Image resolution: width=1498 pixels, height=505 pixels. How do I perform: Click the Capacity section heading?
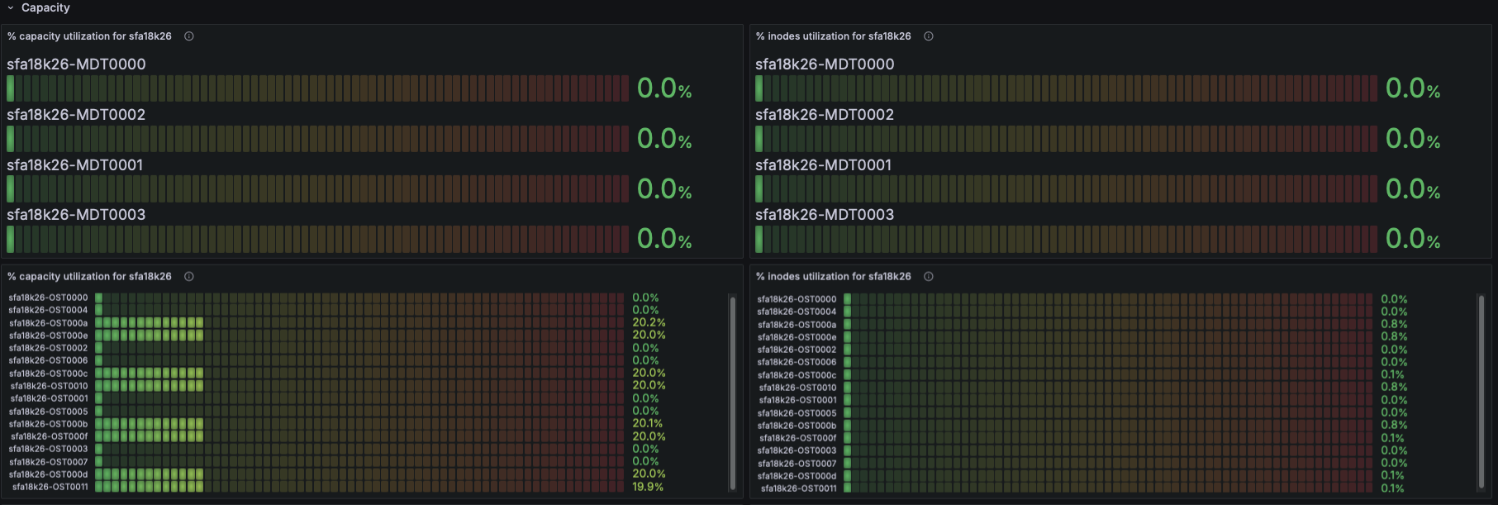(x=45, y=7)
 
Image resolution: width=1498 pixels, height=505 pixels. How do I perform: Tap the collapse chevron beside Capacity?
(x=11, y=8)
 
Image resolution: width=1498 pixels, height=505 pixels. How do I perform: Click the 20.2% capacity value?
(x=649, y=322)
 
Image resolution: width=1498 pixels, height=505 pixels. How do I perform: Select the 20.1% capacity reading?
(x=648, y=423)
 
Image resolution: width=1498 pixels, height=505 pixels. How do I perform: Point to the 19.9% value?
(x=648, y=487)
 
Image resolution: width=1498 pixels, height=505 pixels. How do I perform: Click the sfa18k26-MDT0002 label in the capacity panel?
(x=76, y=115)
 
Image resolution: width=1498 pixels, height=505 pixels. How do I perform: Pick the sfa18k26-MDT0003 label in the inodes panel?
(x=825, y=215)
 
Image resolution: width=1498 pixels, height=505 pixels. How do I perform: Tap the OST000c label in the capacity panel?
(x=49, y=374)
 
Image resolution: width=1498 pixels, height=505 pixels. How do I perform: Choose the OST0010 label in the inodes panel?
(x=797, y=388)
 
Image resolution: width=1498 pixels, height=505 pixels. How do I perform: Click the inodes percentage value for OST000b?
(x=1394, y=425)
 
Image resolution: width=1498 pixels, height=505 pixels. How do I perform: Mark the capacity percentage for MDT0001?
(x=664, y=189)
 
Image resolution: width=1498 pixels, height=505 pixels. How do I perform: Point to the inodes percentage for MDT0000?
(x=1413, y=88)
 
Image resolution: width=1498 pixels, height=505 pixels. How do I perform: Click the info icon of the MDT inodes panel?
(x=929, y=36)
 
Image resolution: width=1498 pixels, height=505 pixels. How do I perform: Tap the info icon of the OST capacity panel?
(x=189, y=277)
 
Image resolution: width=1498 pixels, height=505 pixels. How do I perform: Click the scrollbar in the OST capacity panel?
(x=732, y=393)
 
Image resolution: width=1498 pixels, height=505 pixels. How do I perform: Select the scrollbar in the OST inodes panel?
(x=1481, y=393)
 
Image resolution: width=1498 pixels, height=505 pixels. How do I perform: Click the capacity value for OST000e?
(x=649, y=335)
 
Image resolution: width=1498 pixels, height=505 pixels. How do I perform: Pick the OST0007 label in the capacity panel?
(x=49, y=462)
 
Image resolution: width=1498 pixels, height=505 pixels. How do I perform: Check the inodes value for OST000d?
(x=1392, y=475)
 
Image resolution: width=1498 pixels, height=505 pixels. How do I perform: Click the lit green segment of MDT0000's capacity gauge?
(x=10, y=88)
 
